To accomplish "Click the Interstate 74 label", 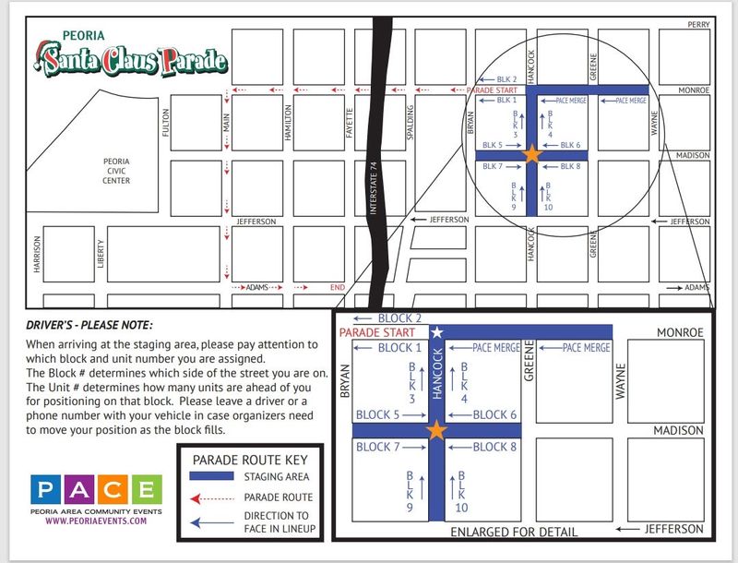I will click(374, 189).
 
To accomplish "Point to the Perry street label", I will click(697, 25).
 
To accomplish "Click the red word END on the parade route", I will click(338, 288).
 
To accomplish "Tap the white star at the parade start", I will click(438, 331).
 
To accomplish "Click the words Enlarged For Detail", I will click(514, 533).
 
